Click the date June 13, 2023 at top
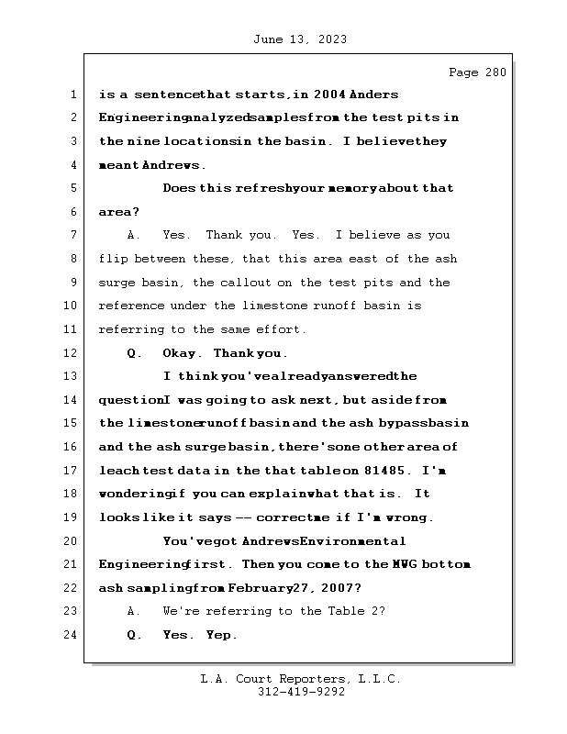pyautogui.click(x=299, y=39)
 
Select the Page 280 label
pyautogui.click(x=476, y=72)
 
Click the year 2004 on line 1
pyautogui.click(x=328, y=95)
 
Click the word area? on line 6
pyautogui.click(x=119, y=212)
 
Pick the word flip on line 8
pyautogui.click(x=115, y=259)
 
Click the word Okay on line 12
pyautogui.click(x=181, y=353)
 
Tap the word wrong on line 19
pyautogui.click(x=406, y=517)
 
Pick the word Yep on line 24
pyautogui.click(x=221, y=635)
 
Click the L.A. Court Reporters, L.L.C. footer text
pyautogui.click(x=301, y=680)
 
